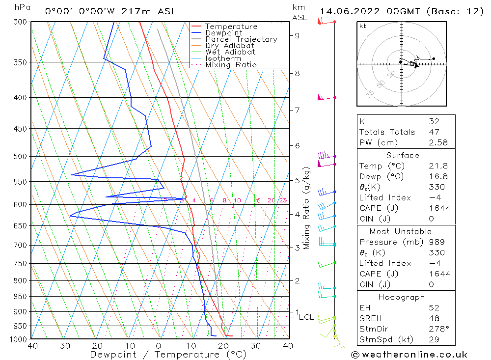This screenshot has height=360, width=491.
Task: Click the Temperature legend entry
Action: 230,27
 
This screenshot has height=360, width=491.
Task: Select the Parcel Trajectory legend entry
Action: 241,39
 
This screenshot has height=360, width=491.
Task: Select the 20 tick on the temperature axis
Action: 223,346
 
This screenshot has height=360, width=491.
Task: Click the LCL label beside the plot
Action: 306,317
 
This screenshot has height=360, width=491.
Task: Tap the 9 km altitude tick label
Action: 297,35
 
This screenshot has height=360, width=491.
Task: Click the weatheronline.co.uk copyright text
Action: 409,355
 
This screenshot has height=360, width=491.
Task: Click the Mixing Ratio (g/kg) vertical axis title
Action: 307,208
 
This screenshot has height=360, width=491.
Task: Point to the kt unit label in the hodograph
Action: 363,26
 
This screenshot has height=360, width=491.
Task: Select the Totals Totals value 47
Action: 434,132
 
